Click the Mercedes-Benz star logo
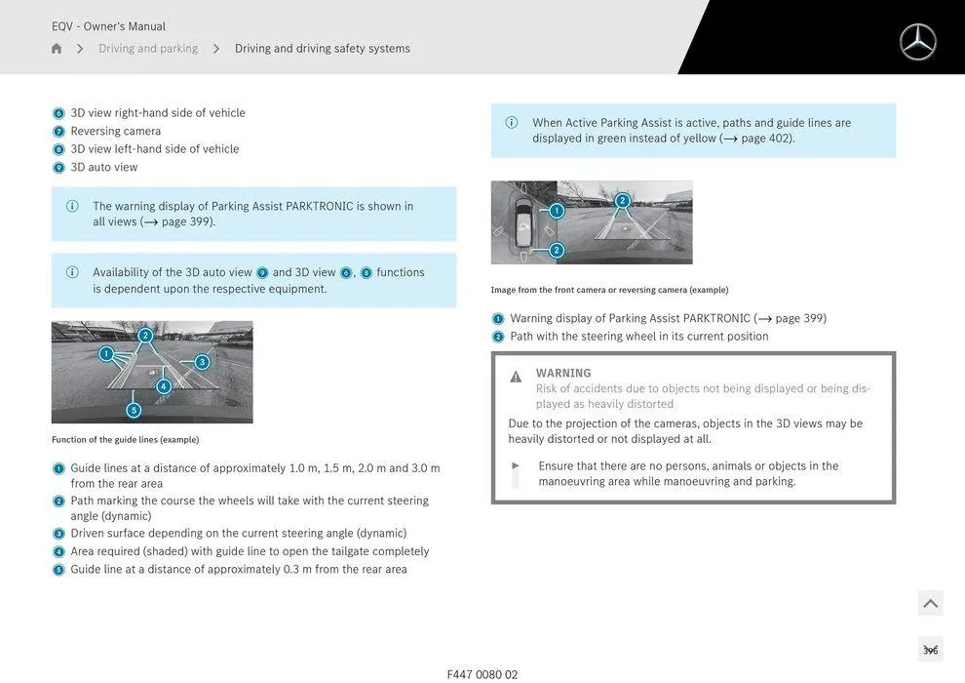[x=917, y=42]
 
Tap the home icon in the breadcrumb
[x=57, y=49]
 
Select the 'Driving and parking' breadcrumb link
[x=148, y=49]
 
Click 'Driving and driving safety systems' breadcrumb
[x=322, y=49]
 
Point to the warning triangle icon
[x=516, y=377]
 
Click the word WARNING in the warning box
[x=563, y=373]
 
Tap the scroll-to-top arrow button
[x=930, y=603]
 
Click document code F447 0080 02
[x=482, y=674]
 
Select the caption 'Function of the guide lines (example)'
[x=125, y=440]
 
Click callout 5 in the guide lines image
[x=134, y=410]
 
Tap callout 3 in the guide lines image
[x=202, y=362]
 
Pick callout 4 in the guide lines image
[x=163, y=386]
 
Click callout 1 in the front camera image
[x=557, y=211]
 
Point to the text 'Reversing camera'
[x=115, y=131]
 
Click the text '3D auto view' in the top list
[x=103, y=167]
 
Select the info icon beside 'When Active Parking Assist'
[x=512, y=123]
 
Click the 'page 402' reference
[x=766, y=139]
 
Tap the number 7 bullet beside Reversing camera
[x=58, y=132]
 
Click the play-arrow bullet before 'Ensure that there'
[x=516, y=466]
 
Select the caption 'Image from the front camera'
[x=609, y=290]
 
